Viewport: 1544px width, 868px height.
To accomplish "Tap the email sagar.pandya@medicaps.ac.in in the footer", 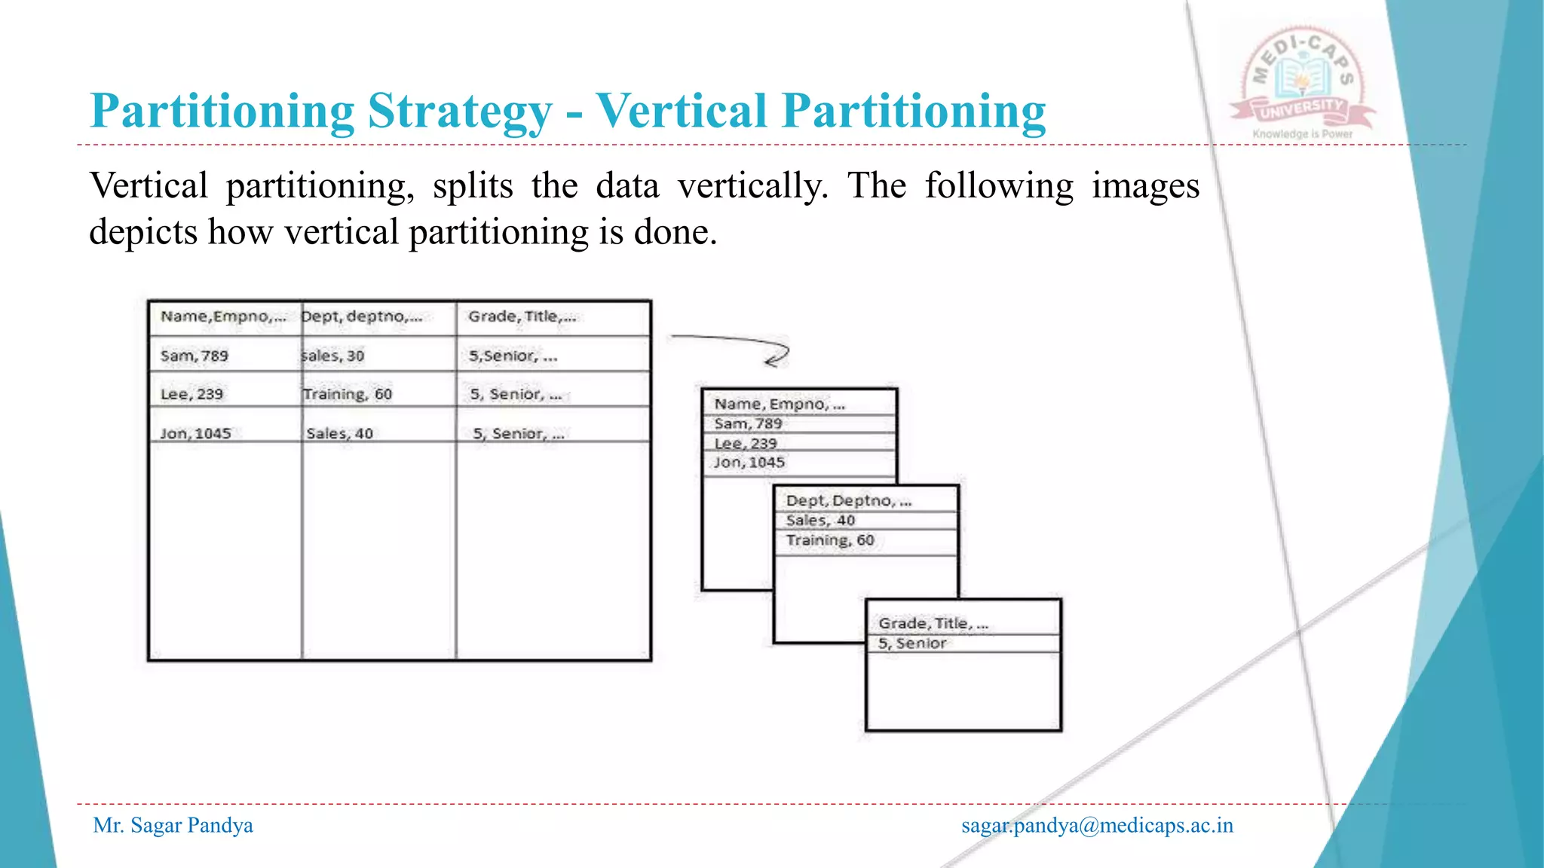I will [x=1097, y=826].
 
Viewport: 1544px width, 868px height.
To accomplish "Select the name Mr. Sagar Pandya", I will [x=173, y=826].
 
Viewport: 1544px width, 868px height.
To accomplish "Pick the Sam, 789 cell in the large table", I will [x=194, y=356].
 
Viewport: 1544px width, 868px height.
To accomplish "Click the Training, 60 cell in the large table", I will [x=347, y=394].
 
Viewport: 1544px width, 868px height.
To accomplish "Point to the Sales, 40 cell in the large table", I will [x=339, y=433].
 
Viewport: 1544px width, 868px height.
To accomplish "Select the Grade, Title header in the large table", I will [x=522, y=316].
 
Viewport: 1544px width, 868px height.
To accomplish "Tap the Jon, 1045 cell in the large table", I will [x=195, y=433].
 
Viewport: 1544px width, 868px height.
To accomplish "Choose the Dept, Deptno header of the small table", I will [x=848, y=500].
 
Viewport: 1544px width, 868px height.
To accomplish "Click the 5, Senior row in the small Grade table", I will [x=911, y=643].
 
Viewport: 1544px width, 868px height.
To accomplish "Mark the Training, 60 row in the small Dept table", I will [x=829, y=540].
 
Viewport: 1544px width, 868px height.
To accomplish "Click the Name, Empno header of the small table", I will [x=779, y=404].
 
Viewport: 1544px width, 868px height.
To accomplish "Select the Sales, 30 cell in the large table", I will [x=332, y=356].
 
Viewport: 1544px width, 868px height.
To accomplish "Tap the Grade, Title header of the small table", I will [x=933, y=623].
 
